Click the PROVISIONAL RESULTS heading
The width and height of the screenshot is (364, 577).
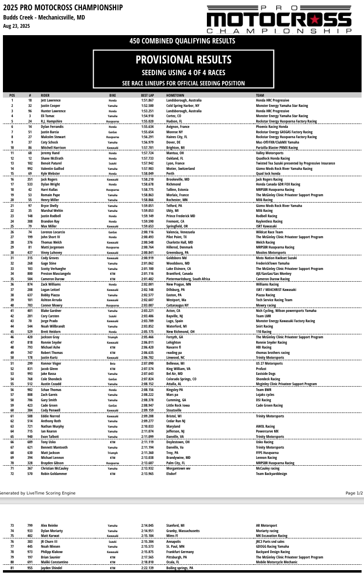pos(183,60)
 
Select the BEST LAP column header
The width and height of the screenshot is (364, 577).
pos(147,95)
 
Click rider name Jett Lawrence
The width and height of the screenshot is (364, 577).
pos(51,100)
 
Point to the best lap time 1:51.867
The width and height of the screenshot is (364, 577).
pos(147,100)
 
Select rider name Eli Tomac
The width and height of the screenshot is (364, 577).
pos(47,116)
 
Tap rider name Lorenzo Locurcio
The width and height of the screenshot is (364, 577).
pos(53,232)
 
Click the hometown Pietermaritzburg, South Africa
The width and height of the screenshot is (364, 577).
pos(188,279)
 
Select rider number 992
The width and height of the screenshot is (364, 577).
pos(30,168)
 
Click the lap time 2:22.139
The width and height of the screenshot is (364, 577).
pos(147,568)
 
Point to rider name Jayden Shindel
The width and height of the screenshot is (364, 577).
pos(52,568)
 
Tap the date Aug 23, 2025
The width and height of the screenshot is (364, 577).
pos(17,26)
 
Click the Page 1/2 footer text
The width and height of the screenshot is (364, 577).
pos(354,493)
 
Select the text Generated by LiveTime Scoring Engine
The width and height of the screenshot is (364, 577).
pos(38,493)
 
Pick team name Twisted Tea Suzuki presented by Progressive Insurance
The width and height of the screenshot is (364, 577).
pos(295,164)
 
